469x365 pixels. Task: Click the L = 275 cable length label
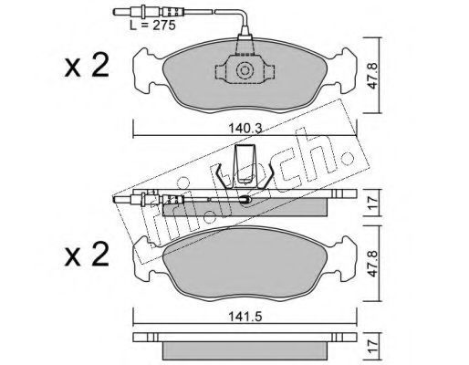point(153,26)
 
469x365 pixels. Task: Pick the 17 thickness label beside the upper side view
point(372,202)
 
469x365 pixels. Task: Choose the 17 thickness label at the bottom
point(372,345)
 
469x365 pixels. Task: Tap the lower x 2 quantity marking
point(87,255)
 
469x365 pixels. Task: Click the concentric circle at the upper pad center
point(245,71)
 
